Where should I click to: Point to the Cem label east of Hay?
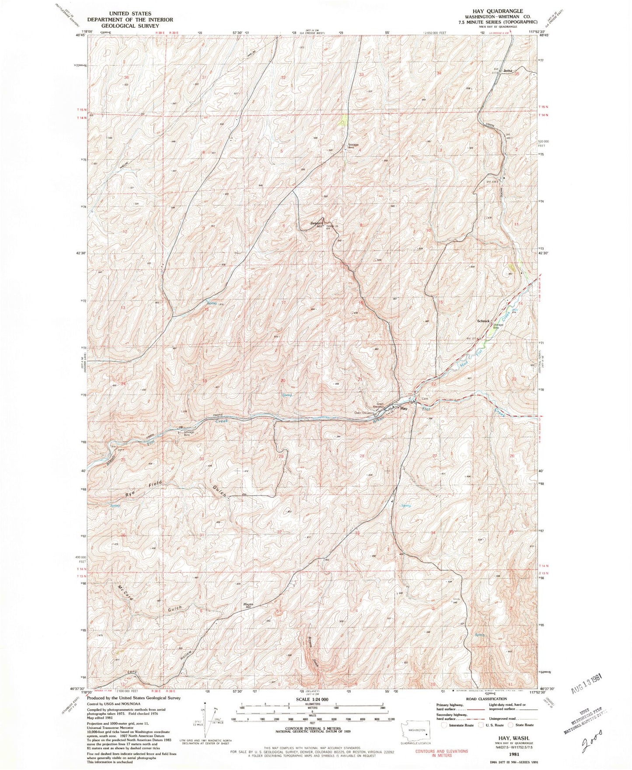(425, 399)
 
